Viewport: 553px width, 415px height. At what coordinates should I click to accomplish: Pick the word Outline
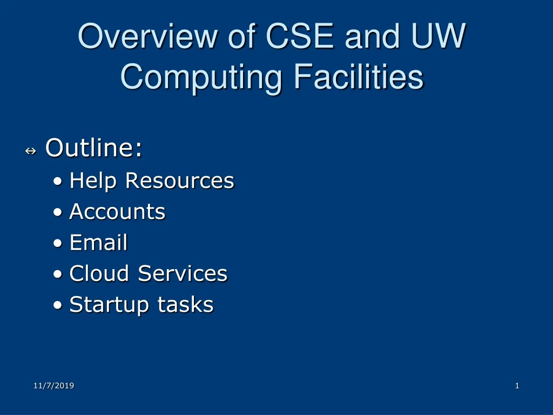tap(94, 148)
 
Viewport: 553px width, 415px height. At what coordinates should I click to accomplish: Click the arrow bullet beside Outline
tap(30, 151)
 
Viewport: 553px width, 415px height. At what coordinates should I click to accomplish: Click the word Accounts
tap(117, 211)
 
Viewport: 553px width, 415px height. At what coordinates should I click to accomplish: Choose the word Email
tap(98, 243)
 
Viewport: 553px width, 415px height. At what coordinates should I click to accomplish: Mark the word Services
tap(183, 273)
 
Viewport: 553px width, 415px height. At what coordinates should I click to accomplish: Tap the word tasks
tap(185, 305)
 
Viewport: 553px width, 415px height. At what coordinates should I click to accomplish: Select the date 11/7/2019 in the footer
tap(53, 385)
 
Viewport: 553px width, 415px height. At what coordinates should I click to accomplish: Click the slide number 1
tap(517, 385)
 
